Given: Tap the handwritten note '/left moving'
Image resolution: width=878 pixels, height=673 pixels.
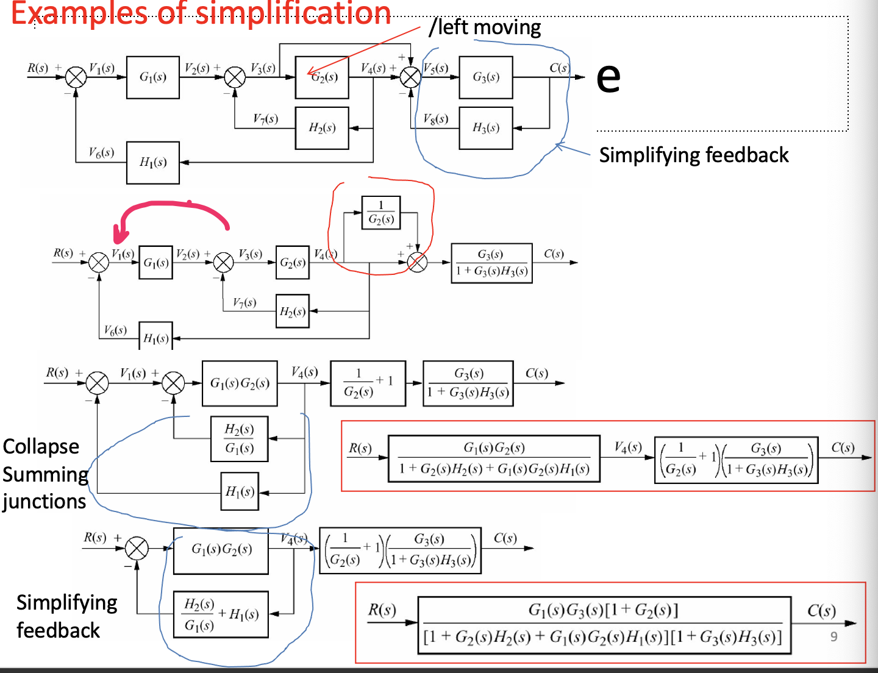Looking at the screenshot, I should point(485,27).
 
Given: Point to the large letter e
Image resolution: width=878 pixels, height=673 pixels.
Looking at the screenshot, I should point(608,77).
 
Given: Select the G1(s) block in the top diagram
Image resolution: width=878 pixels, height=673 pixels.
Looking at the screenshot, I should point(153,77).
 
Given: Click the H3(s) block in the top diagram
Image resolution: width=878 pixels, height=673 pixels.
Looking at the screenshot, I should point(486,128).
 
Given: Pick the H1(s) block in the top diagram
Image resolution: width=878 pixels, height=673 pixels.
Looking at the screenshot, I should point(153,162).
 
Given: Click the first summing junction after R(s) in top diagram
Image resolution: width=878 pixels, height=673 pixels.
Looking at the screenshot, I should point(76,77).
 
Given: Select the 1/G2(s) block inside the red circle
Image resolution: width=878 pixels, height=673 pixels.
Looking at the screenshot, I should point(381,213).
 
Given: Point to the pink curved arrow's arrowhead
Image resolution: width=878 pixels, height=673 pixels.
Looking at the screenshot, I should point(120,235).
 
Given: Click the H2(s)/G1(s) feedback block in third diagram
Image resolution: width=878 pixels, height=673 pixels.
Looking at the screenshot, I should point(239,439).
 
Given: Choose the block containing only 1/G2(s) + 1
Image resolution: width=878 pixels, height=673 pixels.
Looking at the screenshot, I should point(368,383).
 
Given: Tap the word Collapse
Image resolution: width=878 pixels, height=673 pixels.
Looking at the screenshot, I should point(41,447).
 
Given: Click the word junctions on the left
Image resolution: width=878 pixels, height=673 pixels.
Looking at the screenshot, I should point(44,502).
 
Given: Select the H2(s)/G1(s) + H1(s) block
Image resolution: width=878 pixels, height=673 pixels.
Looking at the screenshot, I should point(221,614).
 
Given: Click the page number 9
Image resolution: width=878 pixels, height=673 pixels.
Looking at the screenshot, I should point(833,636).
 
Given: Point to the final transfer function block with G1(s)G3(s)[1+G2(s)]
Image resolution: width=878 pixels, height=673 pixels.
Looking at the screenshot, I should point(604,625).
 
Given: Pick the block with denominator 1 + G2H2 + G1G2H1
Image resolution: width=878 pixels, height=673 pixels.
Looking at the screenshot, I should point(494,458).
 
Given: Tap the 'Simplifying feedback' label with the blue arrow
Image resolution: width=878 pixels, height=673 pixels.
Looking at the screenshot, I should point(693,155).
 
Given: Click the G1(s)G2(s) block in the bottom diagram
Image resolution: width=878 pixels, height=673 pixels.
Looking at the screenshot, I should point(221,550).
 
